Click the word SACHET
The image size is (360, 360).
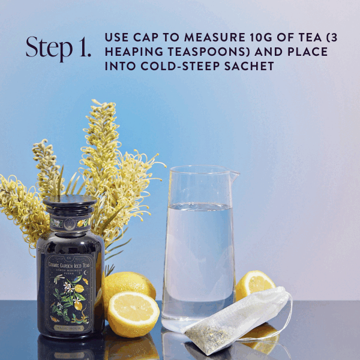tap(245, 67)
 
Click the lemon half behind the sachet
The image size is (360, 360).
tap(255, 285)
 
